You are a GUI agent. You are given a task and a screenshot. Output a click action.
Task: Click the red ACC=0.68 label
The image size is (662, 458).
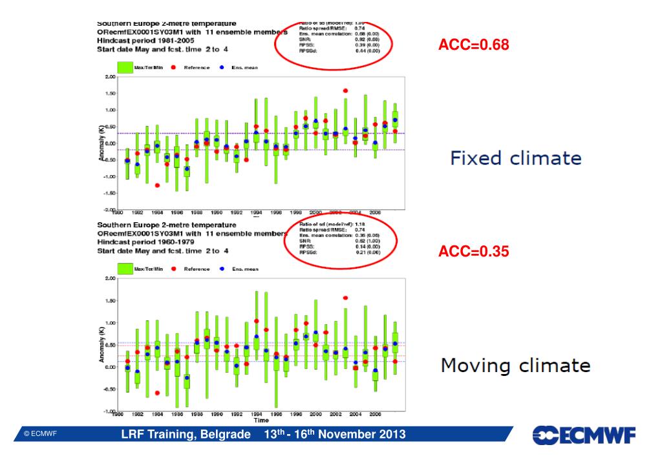[x=474, y=45]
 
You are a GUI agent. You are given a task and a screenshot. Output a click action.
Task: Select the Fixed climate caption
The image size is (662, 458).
[x=515, y=158]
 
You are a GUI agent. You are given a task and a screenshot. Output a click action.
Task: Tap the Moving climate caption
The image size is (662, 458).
[x=515, y=366]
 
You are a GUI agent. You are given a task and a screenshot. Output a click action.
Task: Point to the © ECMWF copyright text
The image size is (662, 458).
[x=41, y=434]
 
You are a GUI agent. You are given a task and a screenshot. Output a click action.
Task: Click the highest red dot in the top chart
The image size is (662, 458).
[x=345, y=91]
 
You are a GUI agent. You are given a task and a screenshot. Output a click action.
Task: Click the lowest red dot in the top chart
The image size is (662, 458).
[x=157, y=185]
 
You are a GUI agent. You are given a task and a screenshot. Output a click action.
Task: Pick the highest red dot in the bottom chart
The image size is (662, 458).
[x=345, y=298]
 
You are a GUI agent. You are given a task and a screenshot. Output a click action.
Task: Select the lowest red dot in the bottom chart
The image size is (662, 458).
[x=157, y=393]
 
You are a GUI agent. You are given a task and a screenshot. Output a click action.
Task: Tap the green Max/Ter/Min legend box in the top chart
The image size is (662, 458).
[x=125, y=67]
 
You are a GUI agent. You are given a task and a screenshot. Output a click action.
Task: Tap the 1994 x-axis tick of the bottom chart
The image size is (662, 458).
[x=257, y=414]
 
